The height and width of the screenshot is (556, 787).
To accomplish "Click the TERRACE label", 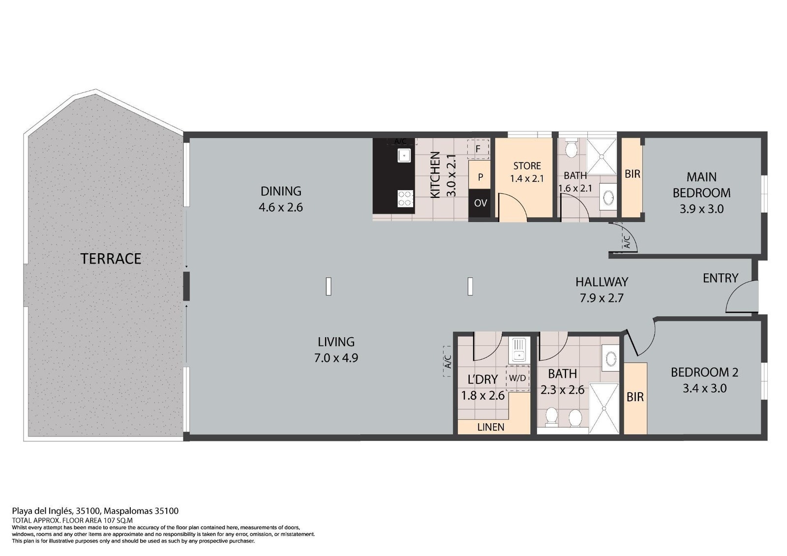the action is tap(111, 259).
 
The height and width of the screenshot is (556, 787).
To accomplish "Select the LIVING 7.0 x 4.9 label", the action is tap(336, 350).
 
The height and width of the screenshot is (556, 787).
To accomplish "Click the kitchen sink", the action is tap(404, 155).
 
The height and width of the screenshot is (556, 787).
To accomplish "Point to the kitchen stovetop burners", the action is tap(405, 199).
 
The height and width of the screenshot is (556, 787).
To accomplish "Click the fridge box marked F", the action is tap(478, 149).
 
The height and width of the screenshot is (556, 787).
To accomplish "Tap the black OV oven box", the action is tap(480, 204).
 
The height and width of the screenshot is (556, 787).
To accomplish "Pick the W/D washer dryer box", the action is tap(517, 378).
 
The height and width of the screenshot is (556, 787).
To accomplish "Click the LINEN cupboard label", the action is tap(491, 427).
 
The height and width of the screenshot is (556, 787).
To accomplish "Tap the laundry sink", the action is tap(518, 351).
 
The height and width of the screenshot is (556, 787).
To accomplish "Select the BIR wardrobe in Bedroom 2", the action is tap(635, 398).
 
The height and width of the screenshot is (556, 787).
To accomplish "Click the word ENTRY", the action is tap(721, 278).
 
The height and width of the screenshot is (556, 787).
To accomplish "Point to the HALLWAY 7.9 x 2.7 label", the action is tap(602, 290).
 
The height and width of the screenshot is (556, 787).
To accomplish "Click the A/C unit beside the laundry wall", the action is tap(447, 361).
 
